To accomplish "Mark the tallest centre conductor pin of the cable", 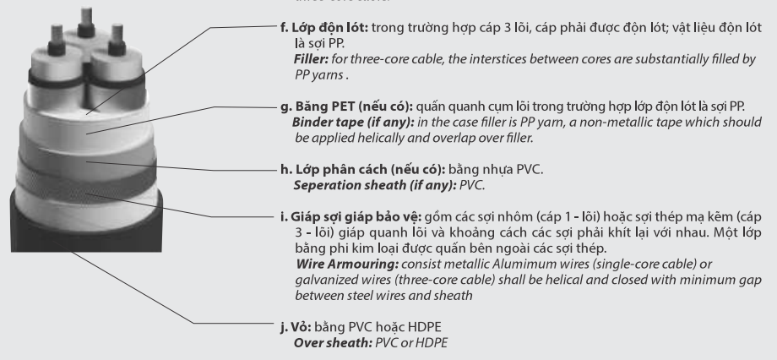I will tap(88, 18).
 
